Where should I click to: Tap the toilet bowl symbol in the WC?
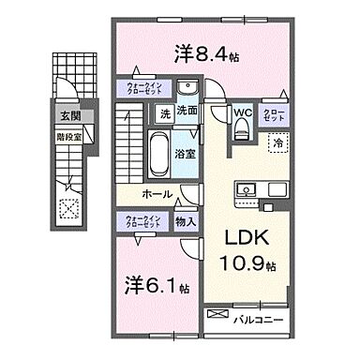click(241, 132)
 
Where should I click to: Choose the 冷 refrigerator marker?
click(278, 142)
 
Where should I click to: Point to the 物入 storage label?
click(185, 221)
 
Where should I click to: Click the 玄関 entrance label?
click(70, 117)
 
